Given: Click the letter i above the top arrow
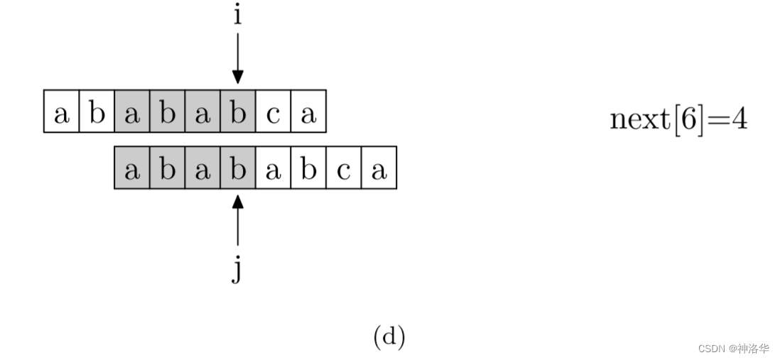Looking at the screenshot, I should pyautogui.click(x=237, y=14).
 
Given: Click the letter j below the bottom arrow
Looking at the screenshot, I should pyautogui.click(x=237, y=270).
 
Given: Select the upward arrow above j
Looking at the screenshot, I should pyautogui.click(x=237, y=220).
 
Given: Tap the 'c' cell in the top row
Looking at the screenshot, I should pyautogui.click(x=273, y=111).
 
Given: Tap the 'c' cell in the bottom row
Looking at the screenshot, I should pyautogui.click(x=344, y=168).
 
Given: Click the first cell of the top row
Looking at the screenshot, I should pyautogui.click(x=61, y=111).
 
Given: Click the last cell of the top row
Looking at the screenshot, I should pyautogui.click(x=308, y=111).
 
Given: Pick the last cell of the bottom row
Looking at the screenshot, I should pyautogui.click(x=379, y=168).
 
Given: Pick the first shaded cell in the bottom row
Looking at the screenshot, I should pyautogui.click(x=131, y=168).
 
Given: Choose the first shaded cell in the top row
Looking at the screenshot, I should pyautogui.click(x=131, y=111).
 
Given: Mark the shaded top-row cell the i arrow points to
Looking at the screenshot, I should pyautogui.click(x=237, y=111).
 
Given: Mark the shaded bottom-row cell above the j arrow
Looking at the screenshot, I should pyautogui.click(x=237, y=168).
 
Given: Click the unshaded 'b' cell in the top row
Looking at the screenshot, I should pyautogui.click(x=97, y=111).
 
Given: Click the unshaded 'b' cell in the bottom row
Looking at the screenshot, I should pyautogui.click(x=308, y=168).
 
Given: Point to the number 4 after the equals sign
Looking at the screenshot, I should pyautogui.click(x=739, y=119).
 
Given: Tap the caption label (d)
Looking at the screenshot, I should pyautogui.click(x=389, y=337).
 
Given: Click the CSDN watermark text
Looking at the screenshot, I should pyautogui.click(x=733, y=349).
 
